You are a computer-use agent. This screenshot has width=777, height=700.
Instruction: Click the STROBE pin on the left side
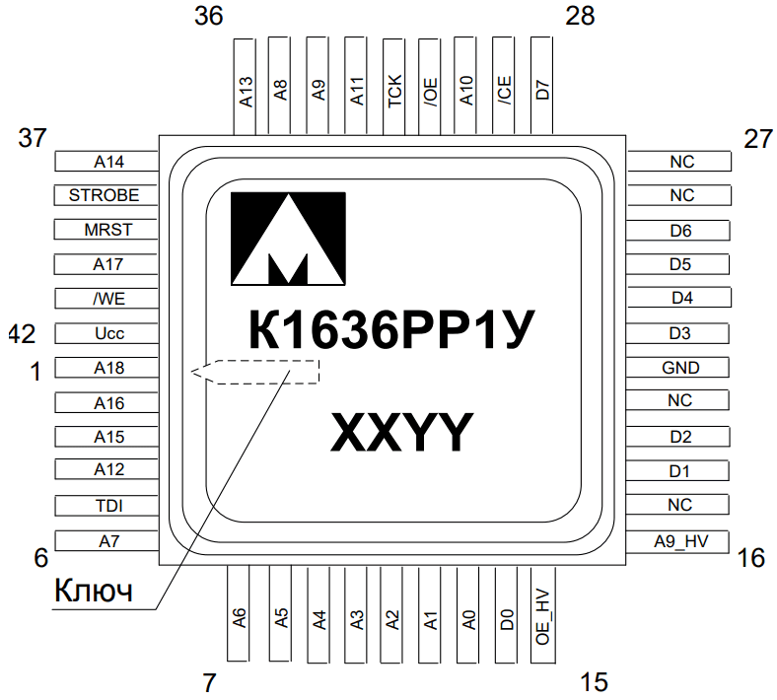106,195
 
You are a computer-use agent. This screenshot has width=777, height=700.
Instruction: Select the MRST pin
106,230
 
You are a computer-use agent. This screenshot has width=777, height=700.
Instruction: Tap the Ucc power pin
106,333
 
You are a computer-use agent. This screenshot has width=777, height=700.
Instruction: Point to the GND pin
677,368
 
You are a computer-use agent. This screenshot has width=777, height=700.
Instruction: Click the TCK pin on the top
394,87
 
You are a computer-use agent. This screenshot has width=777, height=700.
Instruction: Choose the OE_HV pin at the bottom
543,615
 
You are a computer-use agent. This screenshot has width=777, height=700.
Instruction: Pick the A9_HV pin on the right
677,541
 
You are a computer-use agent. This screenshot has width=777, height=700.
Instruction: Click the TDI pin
106,506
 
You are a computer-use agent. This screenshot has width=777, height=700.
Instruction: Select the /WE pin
106,299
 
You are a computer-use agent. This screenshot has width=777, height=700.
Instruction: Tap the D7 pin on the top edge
541,86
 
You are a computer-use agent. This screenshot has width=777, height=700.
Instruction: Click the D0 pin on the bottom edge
506,614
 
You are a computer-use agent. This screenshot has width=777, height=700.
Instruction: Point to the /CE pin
503,86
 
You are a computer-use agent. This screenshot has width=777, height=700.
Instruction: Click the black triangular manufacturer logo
288,239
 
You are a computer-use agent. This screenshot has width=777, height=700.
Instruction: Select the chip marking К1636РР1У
391,329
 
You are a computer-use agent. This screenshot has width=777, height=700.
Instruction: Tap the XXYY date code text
401,432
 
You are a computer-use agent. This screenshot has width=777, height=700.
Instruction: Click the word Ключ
94,590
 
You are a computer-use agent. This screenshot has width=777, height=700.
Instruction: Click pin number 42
23,334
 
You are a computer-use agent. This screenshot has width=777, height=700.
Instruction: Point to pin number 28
580,16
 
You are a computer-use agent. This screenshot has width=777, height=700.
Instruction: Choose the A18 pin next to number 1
106,368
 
